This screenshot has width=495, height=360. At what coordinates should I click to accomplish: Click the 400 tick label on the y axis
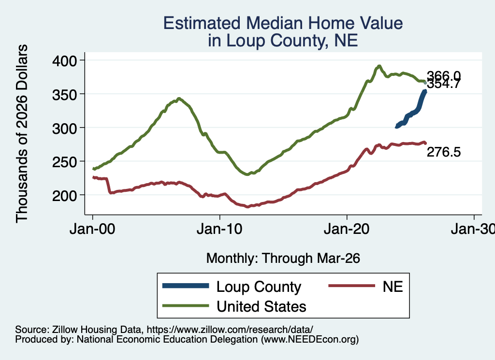64,60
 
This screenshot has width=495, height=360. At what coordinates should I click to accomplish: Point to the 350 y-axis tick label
64,94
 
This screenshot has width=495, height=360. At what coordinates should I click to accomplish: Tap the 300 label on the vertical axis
64,128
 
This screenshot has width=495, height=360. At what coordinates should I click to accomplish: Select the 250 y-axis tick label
64,162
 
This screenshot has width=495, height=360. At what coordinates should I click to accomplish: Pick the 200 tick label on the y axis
64,196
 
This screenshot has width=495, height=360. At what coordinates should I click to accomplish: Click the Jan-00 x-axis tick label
92,229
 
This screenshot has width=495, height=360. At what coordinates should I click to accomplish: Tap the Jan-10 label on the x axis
219,229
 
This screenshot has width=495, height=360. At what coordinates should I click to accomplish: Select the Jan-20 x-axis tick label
347,229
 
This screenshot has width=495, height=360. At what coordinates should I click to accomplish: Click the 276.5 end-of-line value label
444,152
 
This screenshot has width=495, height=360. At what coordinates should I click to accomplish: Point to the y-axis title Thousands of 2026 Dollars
22,133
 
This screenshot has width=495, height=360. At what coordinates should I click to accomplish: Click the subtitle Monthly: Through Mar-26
283,258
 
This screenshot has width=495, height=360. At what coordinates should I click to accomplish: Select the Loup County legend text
259,287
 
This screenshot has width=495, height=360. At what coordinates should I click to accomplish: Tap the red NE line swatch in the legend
352,286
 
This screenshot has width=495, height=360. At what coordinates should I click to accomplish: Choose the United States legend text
262,307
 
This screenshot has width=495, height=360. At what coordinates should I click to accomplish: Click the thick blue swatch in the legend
186,286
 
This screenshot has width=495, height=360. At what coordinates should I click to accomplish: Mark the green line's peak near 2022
379,66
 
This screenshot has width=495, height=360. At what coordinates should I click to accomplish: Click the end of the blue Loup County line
425,91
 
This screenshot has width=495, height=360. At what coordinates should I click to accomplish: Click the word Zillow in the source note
65,330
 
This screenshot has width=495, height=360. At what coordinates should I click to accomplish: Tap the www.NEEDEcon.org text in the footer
309,339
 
